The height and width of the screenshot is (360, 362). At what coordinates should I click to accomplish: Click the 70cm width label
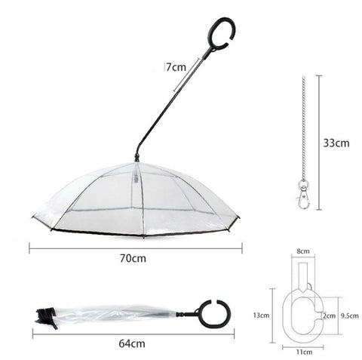(x=132, y=259)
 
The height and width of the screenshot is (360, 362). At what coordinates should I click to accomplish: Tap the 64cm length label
(x=132, y=343)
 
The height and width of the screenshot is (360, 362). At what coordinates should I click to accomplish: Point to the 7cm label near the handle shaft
(x=176, y=66)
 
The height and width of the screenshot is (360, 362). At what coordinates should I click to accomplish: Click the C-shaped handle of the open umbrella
(x=224, y=35)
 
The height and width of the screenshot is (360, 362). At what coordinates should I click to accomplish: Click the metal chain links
(x=304, y=128)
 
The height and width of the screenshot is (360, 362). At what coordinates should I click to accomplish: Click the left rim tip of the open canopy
(x=33, y=220)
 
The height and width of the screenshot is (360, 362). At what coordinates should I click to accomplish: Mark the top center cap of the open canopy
(x=137, y=159)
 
